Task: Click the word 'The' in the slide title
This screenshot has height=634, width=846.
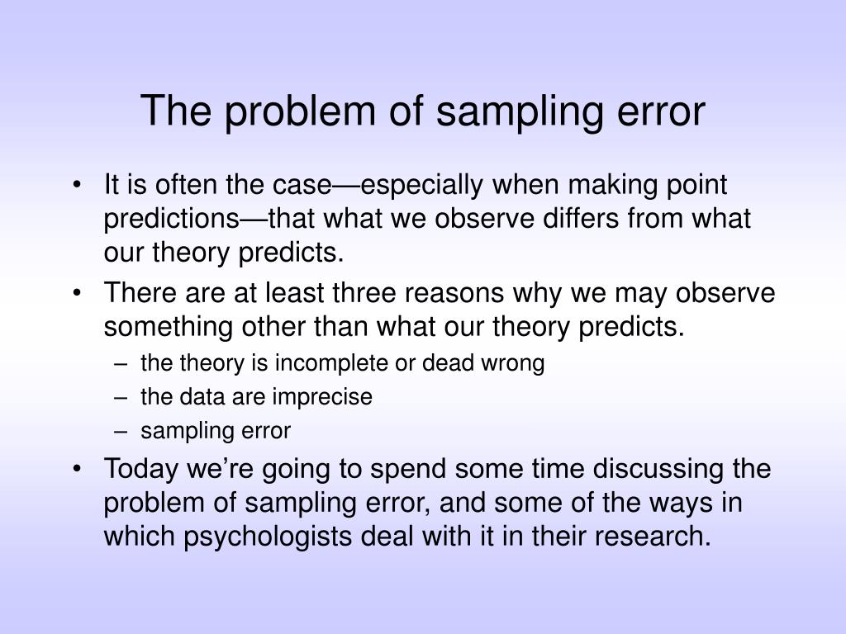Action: click(176, 111)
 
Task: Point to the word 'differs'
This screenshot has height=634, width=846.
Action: click(581, 218)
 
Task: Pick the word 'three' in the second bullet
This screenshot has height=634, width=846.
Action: click(364, 293)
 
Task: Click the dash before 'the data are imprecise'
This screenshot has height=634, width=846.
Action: click(121, 398)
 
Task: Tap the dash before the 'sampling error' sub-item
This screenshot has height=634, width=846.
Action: click(121, 432)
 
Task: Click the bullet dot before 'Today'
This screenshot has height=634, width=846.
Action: click(77, 469)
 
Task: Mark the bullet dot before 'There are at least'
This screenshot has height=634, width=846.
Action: click(77, 293)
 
